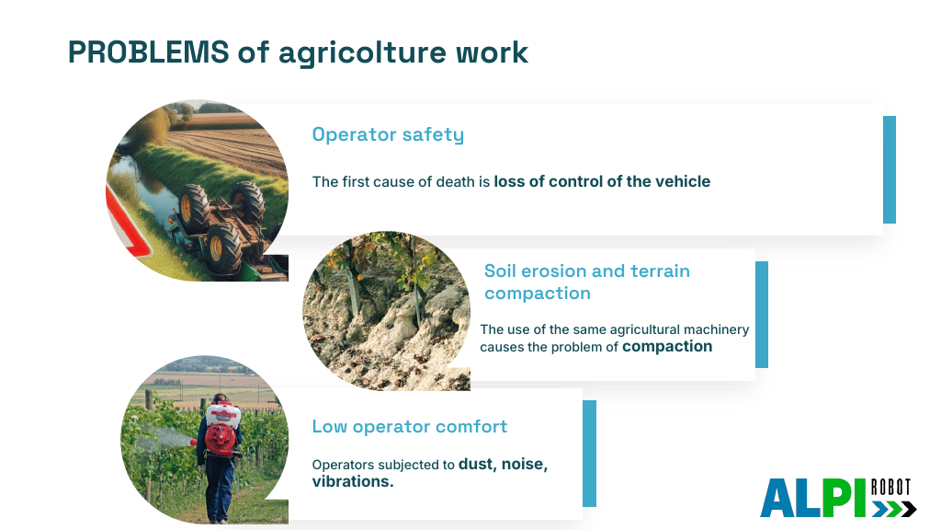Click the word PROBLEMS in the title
click(x=148, y=52)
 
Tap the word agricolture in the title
click(x=363, y=54)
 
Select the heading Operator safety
click(x=388, y=134)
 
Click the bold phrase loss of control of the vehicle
click(x=602, y=181)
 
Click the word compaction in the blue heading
click(x=537, y=294)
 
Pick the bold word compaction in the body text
click(x=667, y=347)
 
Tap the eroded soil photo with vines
click(x=387, y=311)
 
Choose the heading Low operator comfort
click(x=409, y=427)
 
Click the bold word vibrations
click(x=353, y=482)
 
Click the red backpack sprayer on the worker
click(x=221, y=431)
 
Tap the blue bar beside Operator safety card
click(x=890, y=170)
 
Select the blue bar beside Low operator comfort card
click(x=589, y=454)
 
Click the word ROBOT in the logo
click(x=891, y=487)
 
